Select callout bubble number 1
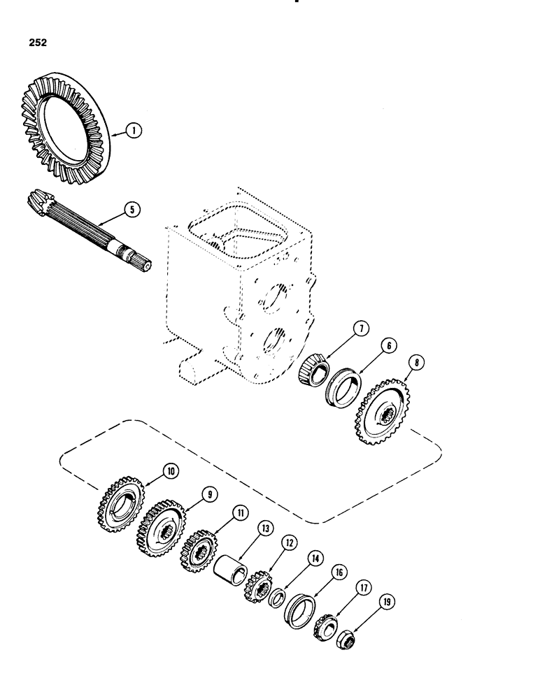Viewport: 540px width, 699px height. click(134, 130)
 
